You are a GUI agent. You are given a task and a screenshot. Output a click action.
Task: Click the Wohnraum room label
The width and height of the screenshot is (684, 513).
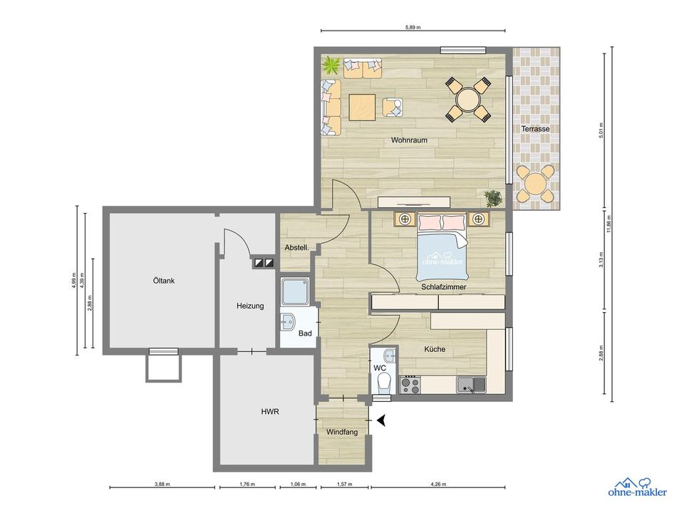click(x=409, y=140)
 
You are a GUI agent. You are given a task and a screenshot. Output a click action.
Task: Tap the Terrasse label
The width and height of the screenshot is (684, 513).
click(x=534, y=129)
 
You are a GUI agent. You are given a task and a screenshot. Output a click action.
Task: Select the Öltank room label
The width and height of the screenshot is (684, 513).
click(x=163, y=281)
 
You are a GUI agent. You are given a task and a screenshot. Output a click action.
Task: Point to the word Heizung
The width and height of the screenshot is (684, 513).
click(x=250, y=306)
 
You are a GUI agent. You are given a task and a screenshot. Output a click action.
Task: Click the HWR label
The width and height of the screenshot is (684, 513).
click(x=269, y=412)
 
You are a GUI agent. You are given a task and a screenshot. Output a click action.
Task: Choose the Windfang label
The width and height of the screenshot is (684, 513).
click(x=342, y=432)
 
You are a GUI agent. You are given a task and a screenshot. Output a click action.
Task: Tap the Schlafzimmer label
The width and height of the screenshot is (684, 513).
click(x=443, y=287)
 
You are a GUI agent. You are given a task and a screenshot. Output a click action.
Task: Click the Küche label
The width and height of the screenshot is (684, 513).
click(x=435, y=350)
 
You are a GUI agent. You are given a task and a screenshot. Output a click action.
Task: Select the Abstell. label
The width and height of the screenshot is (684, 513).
click(x=296, y=248)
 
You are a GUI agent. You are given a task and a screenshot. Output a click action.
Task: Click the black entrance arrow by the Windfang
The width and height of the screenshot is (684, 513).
click(x=381, y=421)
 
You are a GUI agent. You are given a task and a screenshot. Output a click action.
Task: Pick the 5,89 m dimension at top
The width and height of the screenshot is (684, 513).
click(x=413, y=27)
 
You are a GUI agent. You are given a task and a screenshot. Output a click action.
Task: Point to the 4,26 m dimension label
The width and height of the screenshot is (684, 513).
click(x=438, y=484)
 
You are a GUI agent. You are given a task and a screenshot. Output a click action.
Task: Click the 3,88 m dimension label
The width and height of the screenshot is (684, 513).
click(x=162, y=484)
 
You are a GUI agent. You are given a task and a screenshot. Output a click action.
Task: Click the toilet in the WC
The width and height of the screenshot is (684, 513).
click(x=383, y=384)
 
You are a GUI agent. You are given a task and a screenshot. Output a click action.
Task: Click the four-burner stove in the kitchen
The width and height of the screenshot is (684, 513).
click(x=410, y=385)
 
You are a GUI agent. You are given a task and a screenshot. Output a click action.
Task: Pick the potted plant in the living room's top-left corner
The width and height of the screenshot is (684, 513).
click(x=331, y=66)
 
